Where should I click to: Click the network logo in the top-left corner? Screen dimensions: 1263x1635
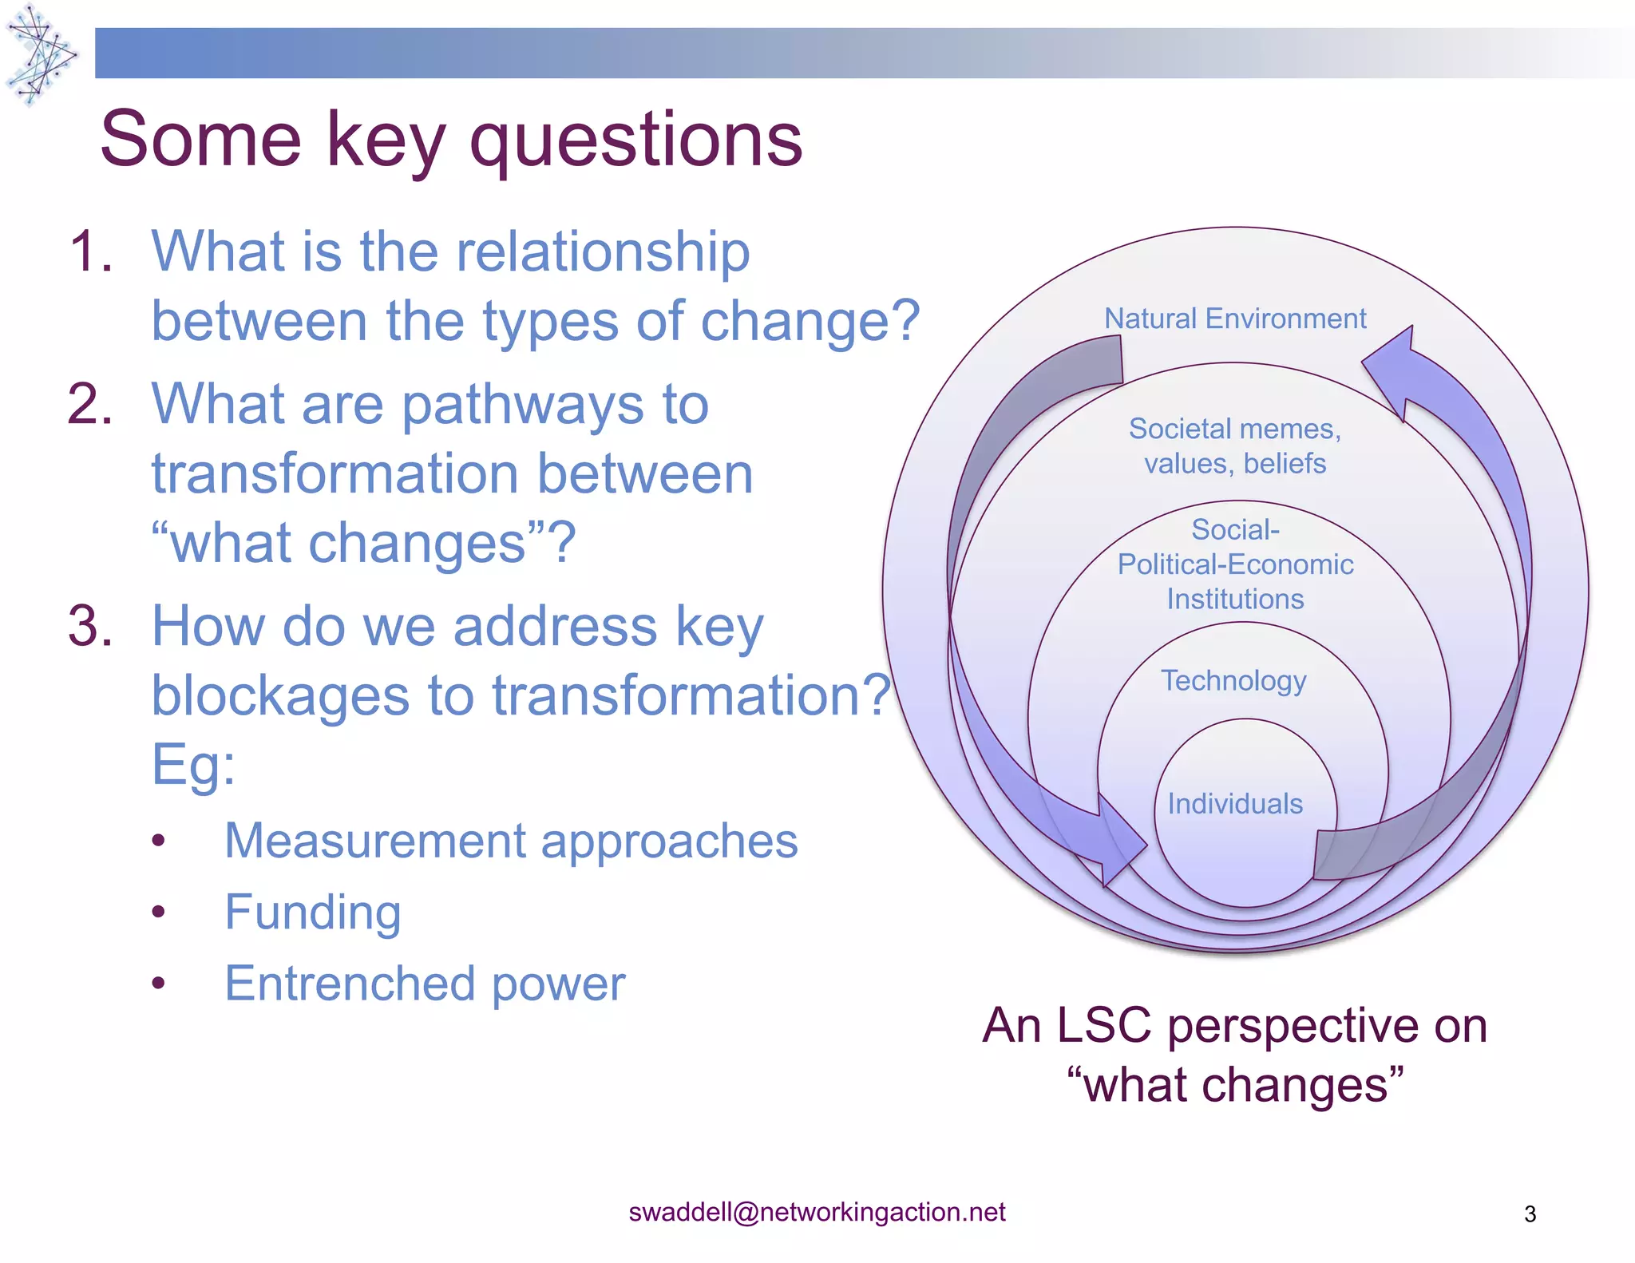[x=40, y=54]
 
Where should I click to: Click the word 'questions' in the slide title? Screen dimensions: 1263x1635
[x=635, y=141]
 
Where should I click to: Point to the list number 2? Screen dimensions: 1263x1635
[x=90, y=404]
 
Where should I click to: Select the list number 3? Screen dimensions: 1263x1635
[x=90, y=626]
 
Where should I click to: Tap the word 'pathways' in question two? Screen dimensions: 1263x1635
[x=555, y=404]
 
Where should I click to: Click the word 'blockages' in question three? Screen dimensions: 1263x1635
[x=279, y=696]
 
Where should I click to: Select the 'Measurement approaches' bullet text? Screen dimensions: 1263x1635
[x=511, y=841]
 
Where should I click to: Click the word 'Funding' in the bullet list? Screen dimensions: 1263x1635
[x=313, y=912]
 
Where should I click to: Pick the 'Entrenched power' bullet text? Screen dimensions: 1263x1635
[x=425, y=984]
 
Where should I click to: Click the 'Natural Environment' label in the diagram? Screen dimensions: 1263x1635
[x=1234, y=319]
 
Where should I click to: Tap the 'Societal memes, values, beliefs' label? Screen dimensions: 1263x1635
[x=1234, y=445]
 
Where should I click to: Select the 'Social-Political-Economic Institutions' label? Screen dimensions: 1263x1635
[x=1234, y=564]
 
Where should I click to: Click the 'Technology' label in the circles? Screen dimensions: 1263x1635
[x=1233, y=681]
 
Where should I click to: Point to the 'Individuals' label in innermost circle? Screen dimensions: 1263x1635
[x=1234, y=804]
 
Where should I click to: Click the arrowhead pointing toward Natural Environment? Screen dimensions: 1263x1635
[x=1393, y=368]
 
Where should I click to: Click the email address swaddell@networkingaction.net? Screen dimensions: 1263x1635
[x=817, y=1212]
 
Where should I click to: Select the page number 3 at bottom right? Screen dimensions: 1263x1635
[x=1530, y=1214]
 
